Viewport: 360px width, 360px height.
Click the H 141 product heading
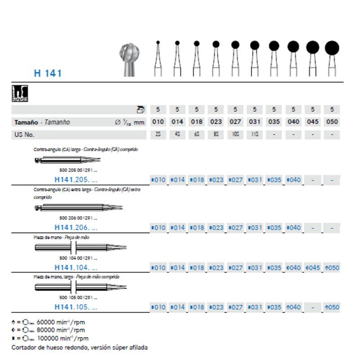coord(48,73)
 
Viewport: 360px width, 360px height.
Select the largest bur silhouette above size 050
coord(332,47)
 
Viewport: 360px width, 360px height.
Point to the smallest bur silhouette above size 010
coord(157,43)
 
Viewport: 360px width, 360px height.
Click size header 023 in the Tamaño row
coord(216,122)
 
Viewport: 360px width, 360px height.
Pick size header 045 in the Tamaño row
coord(313,122)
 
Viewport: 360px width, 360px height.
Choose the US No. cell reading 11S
coord(255,135)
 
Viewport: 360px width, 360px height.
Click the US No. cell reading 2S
coord(157,135)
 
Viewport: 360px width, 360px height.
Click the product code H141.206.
coord(75,228)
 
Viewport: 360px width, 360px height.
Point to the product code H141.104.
coord(75,268)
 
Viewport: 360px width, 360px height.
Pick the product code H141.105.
coord(75,307)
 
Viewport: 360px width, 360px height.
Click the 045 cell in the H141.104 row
coord(313,268)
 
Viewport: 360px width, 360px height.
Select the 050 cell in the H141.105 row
coord(332,307)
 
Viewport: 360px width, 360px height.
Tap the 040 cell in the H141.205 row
coord(293,180)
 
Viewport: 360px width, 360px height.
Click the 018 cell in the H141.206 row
coord(197,228)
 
